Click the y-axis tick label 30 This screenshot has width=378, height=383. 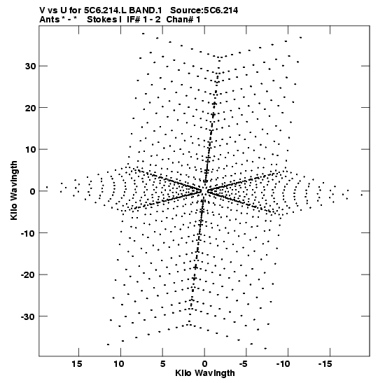(x=30, y=66)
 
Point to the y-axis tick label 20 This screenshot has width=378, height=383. (x=30, y=108)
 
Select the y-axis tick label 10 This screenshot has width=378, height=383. (x=30, y=149)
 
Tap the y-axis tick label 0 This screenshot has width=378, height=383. (x=33, y=191)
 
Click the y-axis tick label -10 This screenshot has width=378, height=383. (x=29, y=233)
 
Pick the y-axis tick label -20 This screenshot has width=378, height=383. (x=29, y=274)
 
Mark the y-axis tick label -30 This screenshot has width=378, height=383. (x=29, y=316)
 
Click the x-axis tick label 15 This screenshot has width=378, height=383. (x=77, y=364)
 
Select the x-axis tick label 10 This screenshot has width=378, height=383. (x=119, y=364)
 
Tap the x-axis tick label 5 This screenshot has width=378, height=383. (x=162, y=364)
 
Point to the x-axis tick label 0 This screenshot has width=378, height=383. (x=204, y=364)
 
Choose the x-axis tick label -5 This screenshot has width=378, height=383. (x=244, y=364)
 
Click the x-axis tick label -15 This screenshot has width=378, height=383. (x=325, y=364)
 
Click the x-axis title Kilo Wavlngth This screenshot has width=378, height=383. (x=205, y=373)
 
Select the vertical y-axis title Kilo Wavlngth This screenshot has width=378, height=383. (x=14, y=190)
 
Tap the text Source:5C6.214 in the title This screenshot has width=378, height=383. (x=204, y=11)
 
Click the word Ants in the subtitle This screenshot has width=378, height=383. (x=49, y=20)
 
